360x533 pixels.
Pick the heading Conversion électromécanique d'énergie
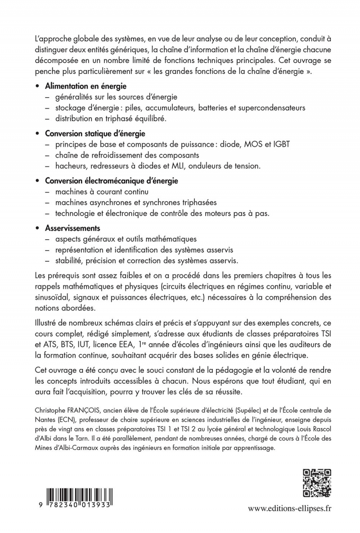(111, 181)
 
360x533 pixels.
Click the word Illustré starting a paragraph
(48, 324)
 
